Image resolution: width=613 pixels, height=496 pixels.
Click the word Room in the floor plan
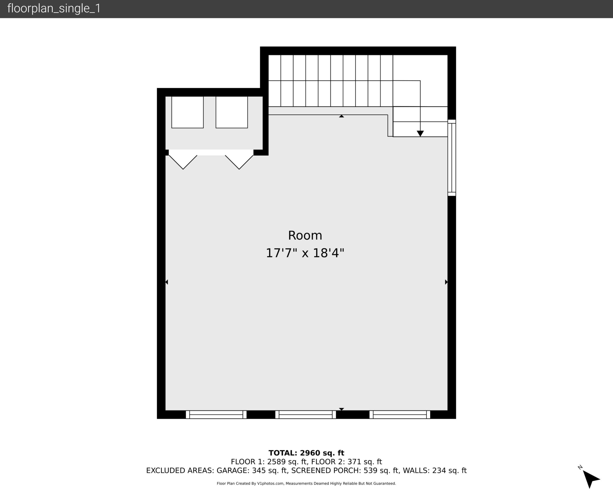305,236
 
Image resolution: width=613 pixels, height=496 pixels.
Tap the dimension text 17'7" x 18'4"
305,253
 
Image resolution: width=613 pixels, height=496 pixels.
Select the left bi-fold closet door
183,162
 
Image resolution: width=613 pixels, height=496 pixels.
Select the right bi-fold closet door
239,162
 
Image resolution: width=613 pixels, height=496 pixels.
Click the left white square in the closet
187,112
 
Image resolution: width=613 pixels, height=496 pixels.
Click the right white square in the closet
231,112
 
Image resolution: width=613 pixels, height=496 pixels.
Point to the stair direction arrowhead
420,133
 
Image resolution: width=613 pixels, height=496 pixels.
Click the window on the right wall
451,158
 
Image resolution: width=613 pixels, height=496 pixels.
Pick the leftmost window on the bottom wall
216,414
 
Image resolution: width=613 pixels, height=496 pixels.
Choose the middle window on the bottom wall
305,414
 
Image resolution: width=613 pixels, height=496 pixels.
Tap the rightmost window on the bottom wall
400,414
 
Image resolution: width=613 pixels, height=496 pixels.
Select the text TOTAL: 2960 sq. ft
306,453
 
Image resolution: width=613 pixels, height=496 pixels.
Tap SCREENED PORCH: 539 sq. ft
345,471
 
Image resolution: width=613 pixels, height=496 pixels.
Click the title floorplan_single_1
54,8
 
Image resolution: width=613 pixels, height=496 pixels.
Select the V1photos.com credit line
306,483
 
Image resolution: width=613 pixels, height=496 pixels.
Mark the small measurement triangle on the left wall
167,282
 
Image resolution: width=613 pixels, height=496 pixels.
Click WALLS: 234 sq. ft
435,471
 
